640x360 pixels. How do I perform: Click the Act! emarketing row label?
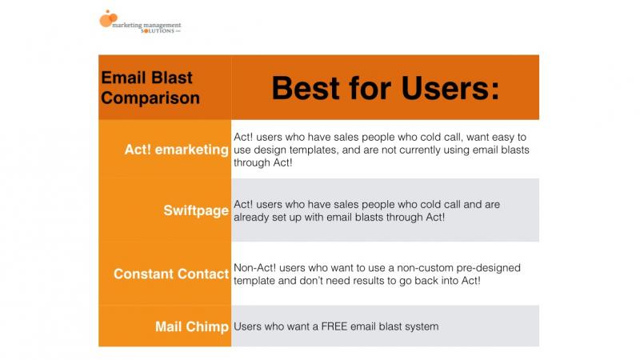click(176, 150)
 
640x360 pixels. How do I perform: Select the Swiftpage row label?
click(197, 210)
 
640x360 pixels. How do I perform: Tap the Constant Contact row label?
click(171, 274)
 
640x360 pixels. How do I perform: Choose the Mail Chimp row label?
click(193, 326)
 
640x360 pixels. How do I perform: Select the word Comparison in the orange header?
click(150, 98)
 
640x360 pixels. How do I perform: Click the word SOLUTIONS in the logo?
click(147, 30)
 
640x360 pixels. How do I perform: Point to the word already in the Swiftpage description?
click(257, 217)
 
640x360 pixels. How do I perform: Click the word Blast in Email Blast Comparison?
click(168, 78)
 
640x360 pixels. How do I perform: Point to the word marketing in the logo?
click(131, 23)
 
